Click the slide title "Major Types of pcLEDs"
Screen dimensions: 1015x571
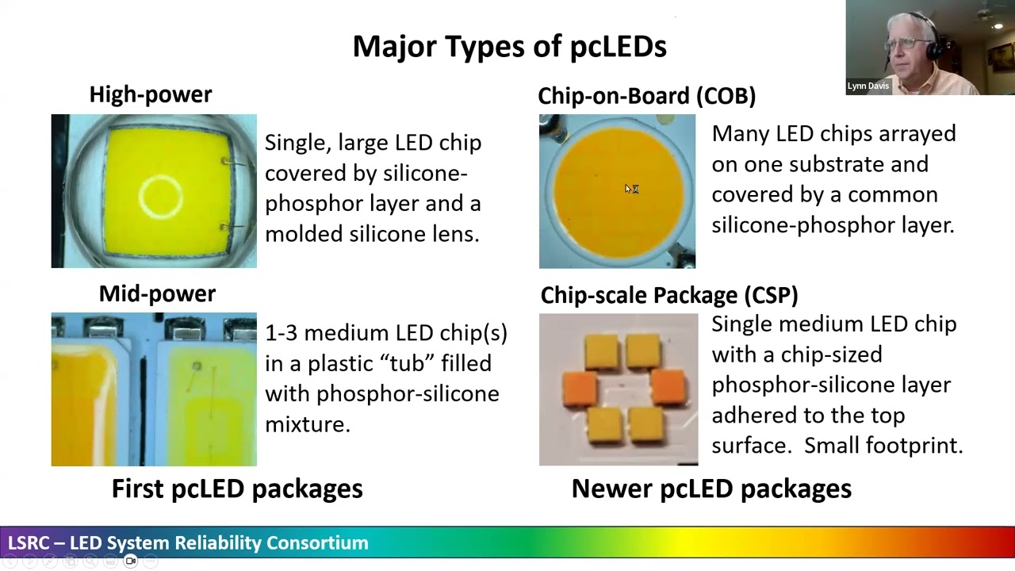pos(509,47)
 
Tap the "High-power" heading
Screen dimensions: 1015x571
pos(151,94)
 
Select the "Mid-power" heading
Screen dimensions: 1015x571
pos(157,293)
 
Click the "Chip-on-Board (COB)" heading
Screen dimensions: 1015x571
pos(646,96)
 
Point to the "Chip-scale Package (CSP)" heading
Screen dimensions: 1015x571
pos(669,295)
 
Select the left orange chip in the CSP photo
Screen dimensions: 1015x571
pos(580,389)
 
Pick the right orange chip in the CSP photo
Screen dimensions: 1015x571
pos(669,388)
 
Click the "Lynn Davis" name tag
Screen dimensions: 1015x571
pos(868,86)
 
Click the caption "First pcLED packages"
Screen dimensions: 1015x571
pos(237,489)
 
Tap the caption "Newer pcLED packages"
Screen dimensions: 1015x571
pos(711,489)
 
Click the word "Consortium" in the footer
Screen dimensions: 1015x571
pos(317,543)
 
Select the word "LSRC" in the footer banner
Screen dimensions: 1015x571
pos(28,543)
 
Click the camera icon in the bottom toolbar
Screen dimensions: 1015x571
pos(131,561)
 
